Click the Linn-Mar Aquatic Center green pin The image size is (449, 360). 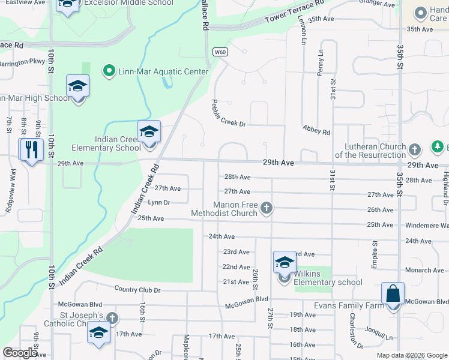coord(109,71)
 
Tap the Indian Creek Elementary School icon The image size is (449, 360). coord(149,132)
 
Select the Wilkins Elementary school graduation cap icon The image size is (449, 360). coord(285,262)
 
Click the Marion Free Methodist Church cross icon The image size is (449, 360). coord(267,209)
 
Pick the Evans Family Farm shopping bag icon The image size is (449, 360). coord(393,295)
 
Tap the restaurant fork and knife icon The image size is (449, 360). coord(29,149)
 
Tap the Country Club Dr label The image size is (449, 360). coord(137,290)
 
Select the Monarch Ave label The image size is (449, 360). coord(424,271)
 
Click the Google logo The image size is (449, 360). coord(20,353)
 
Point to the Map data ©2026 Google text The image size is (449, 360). coord(411,355)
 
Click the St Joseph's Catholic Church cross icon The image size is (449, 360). coord(112,317)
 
